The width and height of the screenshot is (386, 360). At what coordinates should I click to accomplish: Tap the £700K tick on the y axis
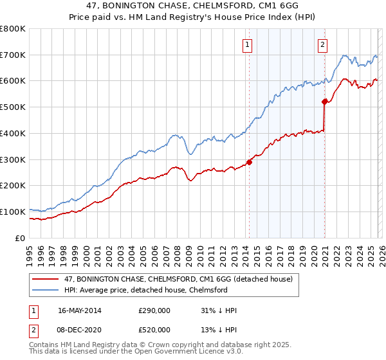pos(13,55)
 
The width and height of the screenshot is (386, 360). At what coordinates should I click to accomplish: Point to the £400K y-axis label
pos(13,134)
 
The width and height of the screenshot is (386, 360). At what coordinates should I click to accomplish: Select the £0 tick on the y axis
pos(21,238)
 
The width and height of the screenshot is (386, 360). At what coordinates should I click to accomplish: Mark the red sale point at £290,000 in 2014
pos(249,162)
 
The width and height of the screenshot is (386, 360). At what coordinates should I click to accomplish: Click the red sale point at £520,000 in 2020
pos(324,102)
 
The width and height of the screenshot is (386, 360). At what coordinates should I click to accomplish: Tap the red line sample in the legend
pos(46,279)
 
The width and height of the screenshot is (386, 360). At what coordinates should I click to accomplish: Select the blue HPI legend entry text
pos(145,290)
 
